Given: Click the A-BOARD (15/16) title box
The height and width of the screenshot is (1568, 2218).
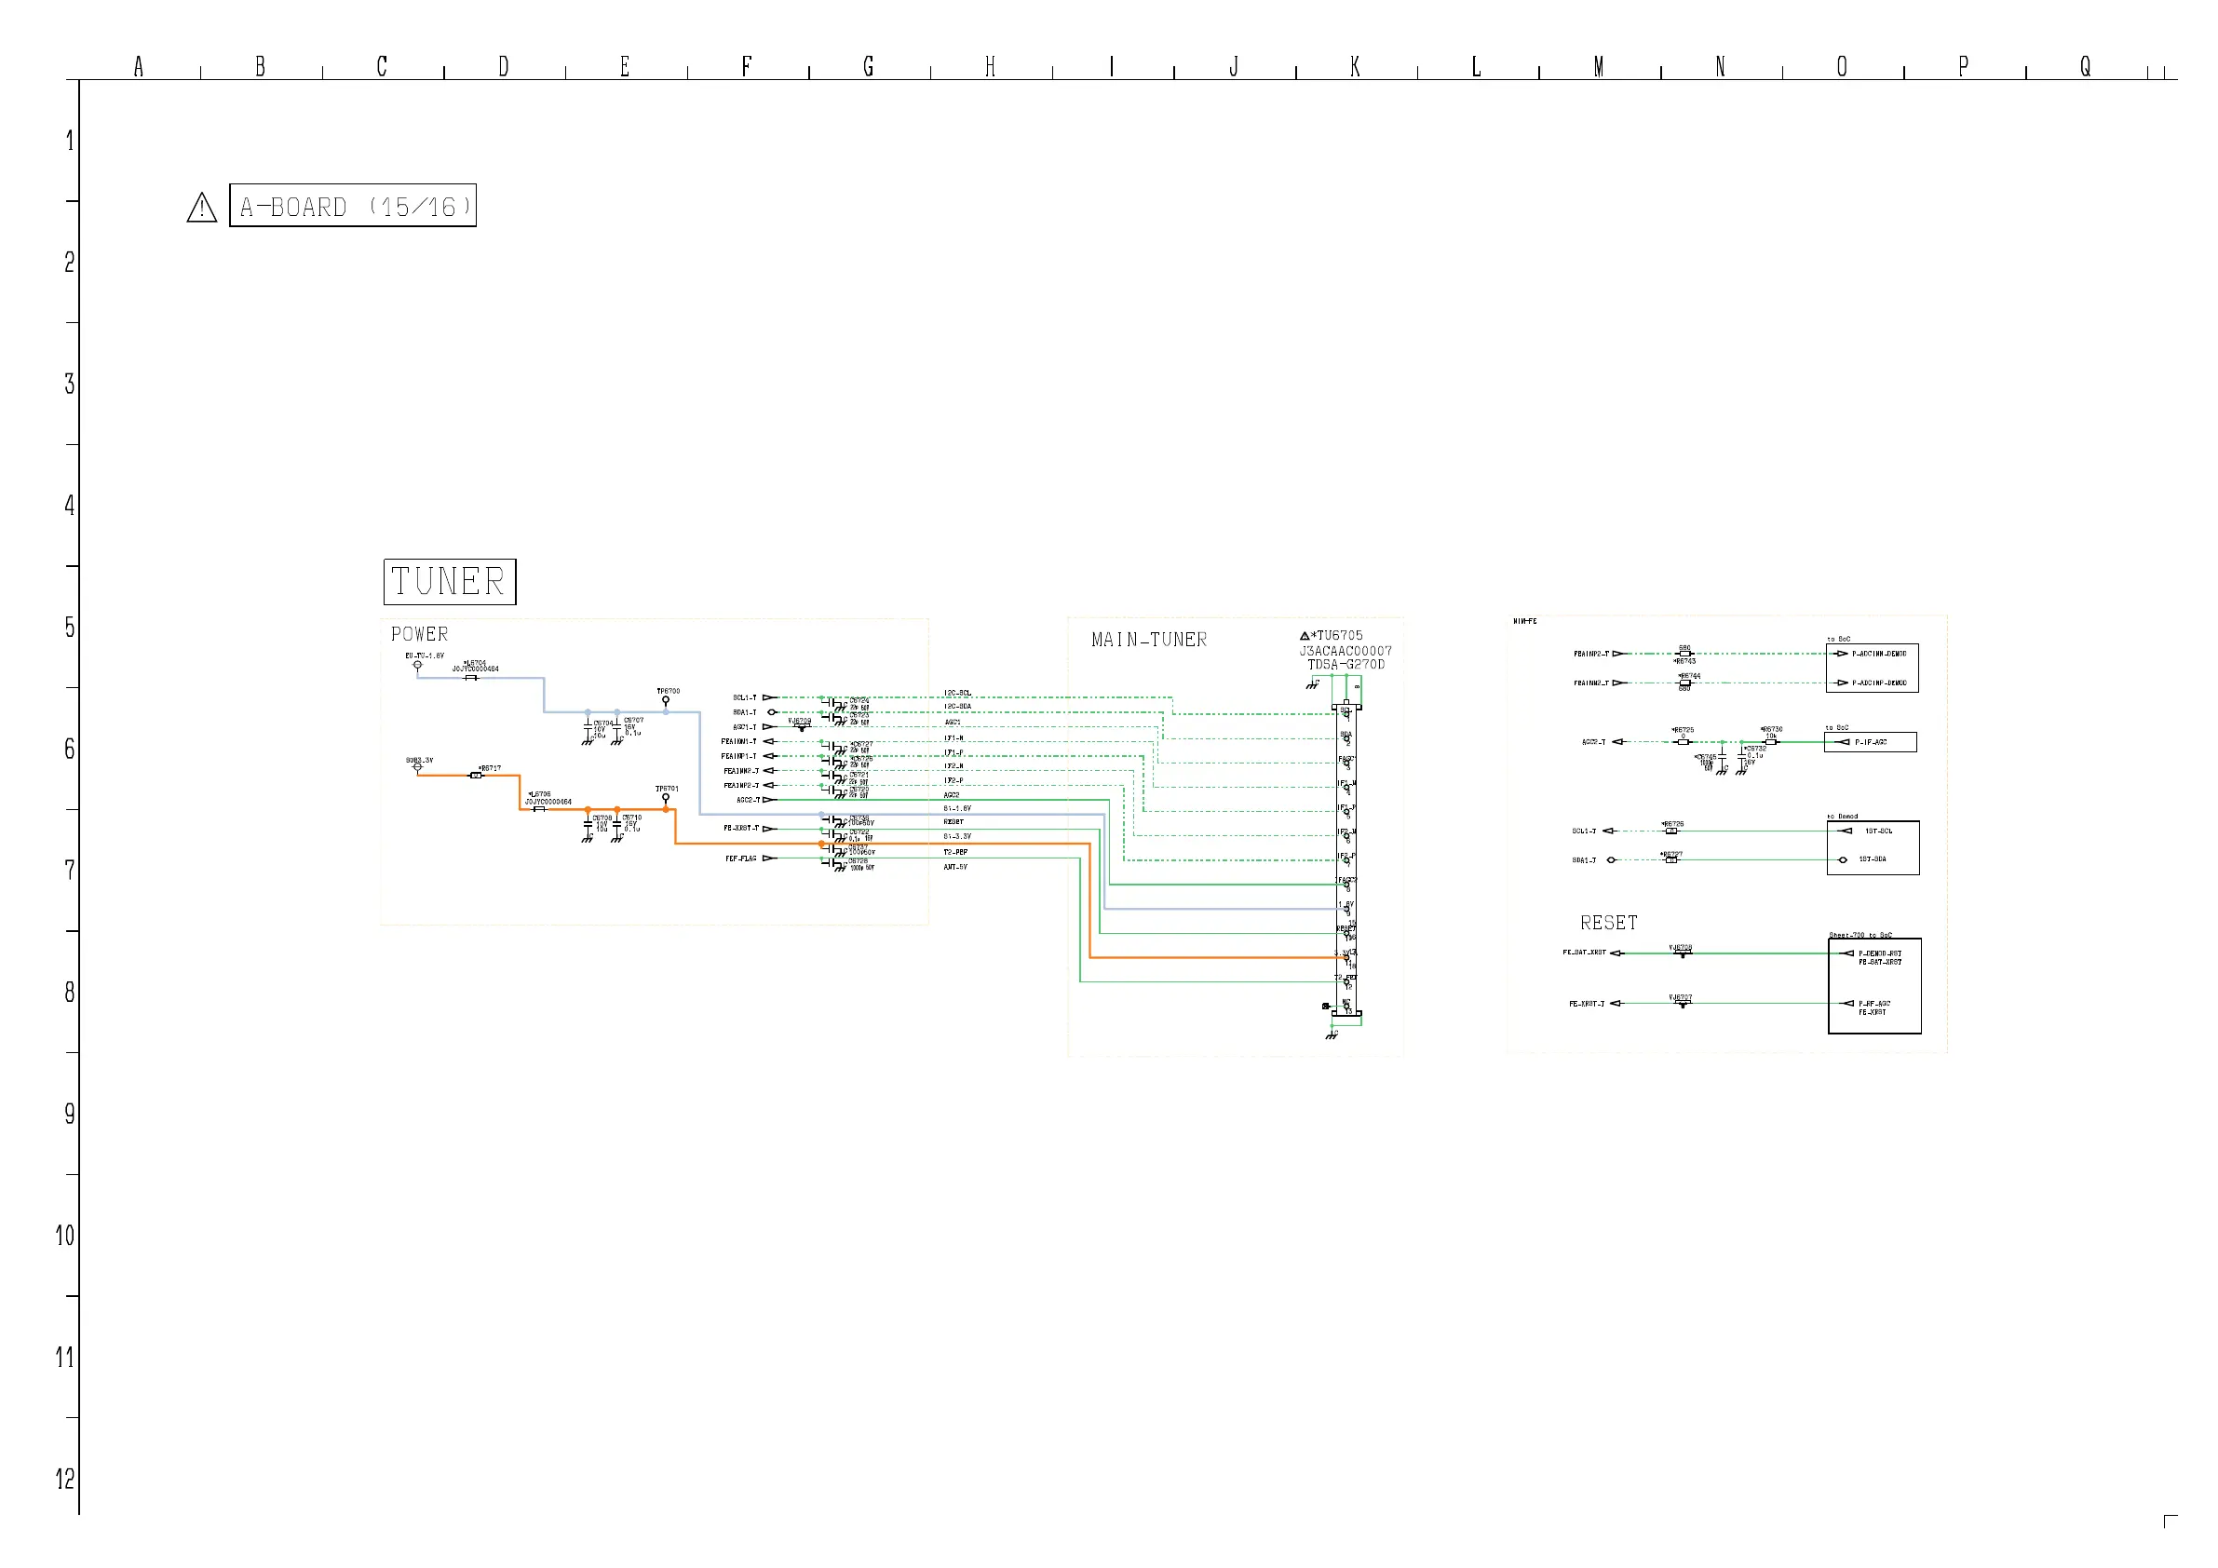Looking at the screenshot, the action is pos(353,206).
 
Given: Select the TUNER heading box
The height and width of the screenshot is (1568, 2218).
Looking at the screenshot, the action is pos(449,582).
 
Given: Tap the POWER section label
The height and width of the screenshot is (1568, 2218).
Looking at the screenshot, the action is pos(419,635).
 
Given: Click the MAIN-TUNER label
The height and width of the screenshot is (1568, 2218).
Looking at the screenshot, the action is pos(1149,640).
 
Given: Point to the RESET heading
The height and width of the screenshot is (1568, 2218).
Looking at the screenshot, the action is pos(1608,923).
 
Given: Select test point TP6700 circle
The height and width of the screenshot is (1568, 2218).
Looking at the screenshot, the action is pos(666,700).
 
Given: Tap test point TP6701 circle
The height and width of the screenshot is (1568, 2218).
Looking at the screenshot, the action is pos(666,798).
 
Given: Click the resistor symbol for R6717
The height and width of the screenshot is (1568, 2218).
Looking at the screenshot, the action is pos(475,775).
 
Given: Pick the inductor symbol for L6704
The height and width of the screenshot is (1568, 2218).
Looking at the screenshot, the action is pos(470,678).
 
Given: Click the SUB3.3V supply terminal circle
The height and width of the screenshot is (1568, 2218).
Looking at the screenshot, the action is pos(417,767).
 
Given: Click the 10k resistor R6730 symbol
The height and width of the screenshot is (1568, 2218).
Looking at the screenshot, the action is pos(1770,742).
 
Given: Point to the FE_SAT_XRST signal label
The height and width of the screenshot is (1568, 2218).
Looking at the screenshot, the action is pos(1584,953).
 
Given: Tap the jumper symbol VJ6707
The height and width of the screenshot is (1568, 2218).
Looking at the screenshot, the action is pos(1682,1004).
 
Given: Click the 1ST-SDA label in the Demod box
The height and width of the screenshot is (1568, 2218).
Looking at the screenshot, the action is pos(1873,859).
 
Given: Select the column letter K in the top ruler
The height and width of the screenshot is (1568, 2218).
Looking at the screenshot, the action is pos(1356,67).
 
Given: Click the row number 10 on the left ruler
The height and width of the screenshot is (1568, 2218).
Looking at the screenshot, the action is pos(65,1236).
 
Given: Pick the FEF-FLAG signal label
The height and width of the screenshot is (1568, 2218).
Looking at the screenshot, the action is pos(741,858).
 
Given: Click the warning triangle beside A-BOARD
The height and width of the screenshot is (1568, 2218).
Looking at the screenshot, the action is pos(202,207).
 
